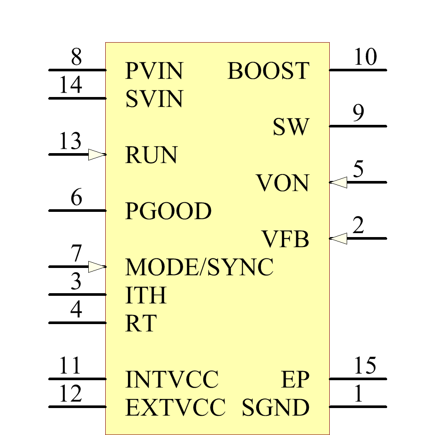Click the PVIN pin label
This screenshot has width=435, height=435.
click(x=154, y=71)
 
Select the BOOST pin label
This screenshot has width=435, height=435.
click(x=268, y=71)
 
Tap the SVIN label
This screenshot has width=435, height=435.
click(x=154, y=99)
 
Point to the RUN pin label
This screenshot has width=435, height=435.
click(x=151, y=155)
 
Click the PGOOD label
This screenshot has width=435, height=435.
click(x=168, y=211)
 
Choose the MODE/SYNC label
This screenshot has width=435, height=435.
click(x=199, y=267)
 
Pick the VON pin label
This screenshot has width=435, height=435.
click(x=282, y=183)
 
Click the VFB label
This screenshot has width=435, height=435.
click(x=285, y=239)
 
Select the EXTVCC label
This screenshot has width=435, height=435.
click(x=175, y=408)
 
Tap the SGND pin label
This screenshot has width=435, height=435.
click(x=275, y=408)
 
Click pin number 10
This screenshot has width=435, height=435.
click(x=365, y=57)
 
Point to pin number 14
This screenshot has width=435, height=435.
click(x=70, y=85)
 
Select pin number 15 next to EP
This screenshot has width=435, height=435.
click(x=365, y=366)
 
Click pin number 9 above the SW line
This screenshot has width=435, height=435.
click(x=358, y=114)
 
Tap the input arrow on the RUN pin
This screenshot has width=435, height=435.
click(x=97, y=154)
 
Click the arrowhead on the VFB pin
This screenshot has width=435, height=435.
click(x=338, y=238)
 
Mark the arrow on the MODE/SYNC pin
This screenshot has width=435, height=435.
click(x=97, y=267)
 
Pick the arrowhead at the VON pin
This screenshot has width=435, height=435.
click(x=338, y=182)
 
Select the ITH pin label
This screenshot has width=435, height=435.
click(x=146, y=295)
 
